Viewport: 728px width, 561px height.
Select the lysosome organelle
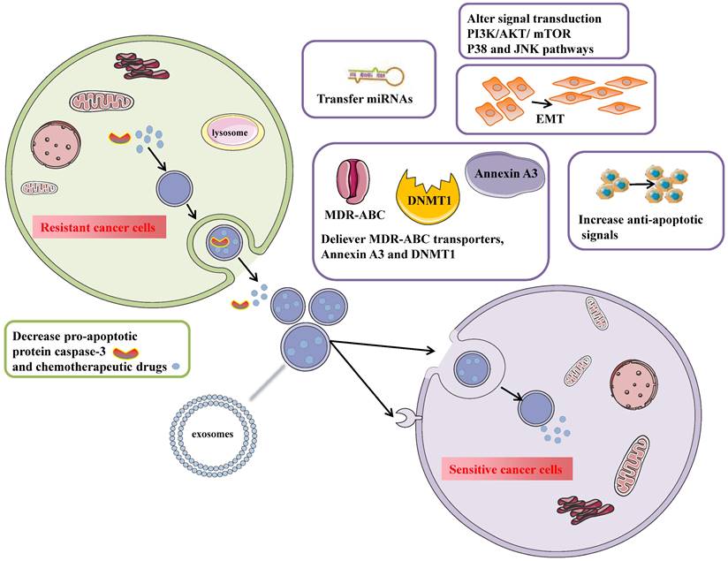[x=236, y=133]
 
